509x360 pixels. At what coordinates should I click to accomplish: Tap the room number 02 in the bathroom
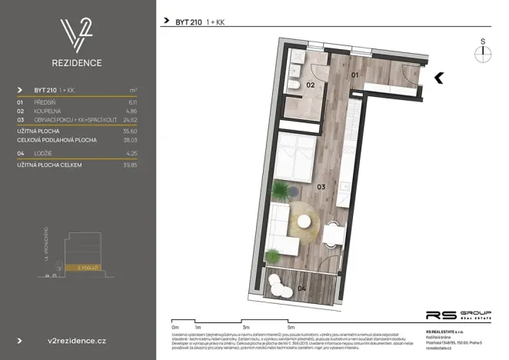click(312, 85)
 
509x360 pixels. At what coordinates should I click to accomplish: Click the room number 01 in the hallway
click(354, 75)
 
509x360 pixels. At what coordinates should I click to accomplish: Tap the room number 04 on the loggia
click(301, 288)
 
